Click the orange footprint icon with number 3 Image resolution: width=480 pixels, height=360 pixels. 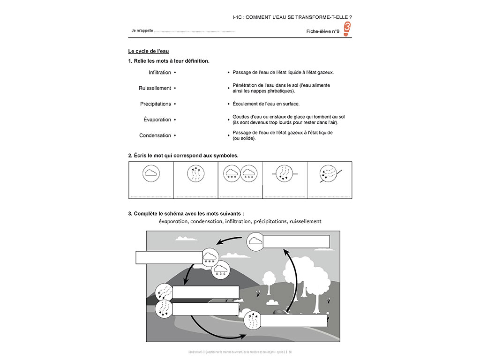coord(347,29)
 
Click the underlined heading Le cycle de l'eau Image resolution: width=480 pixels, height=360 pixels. coord(148,51)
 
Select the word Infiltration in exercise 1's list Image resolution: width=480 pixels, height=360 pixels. coord(160,73)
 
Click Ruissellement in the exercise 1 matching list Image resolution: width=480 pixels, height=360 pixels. coord(155,88)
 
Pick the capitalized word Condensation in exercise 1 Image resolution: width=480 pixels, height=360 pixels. coord(155,135)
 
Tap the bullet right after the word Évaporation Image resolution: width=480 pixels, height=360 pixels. coord(175,120)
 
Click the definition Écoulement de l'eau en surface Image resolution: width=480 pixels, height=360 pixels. coord(266,104)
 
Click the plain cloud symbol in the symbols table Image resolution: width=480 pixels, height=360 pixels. coord(151,173)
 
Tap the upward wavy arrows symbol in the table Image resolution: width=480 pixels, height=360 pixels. coord(195,173)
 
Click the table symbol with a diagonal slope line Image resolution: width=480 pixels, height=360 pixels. coord(330,173)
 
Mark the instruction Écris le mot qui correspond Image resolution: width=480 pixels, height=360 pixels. coord(183,155)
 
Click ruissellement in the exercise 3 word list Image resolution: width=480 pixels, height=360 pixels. coord(305,221)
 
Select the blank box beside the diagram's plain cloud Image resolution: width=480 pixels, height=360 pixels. coord(296,241)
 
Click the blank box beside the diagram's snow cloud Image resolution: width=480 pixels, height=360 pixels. coord(168,257)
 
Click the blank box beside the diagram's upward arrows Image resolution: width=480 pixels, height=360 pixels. coord(293,321)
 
